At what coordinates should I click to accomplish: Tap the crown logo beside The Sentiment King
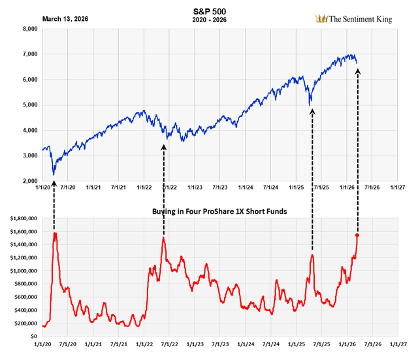pyautogui.click(x=321, y=19)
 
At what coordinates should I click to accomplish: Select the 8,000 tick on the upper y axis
pyautogui.click(x=29, y=29)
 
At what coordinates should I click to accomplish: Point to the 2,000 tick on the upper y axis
pyautogui.click(x=29, y=181)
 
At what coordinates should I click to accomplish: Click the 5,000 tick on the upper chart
pyautogui.click(x=29, y=105)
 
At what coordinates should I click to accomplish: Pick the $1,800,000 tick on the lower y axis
pyautogui.click(x=22, y=218)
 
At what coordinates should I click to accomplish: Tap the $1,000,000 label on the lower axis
pyautogui.click(x=22, y=270)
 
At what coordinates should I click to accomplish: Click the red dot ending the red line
pyautogui.click(x=357, y=235)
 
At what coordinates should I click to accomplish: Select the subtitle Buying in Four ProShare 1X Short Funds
pyautogui.click(x=215, y=212)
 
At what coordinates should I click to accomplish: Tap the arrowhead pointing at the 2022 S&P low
pyautogui.click(x=163, y=147)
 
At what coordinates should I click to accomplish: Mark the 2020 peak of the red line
pyautogui.click(x=55, y=233)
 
